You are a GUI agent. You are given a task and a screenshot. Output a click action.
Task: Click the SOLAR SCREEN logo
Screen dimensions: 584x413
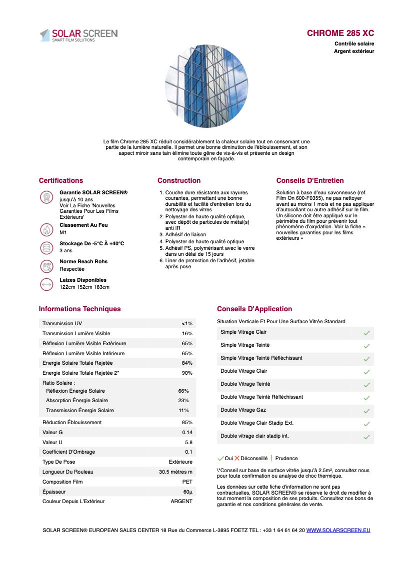(x=78, y=35)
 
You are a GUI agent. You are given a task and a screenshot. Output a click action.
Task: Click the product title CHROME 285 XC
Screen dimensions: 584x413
(x=340, y=33)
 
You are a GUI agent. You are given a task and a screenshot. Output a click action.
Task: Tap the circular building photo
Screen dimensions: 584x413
(x=206, y=86)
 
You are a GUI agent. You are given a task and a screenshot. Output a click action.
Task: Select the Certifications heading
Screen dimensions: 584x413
(x=61, y=180)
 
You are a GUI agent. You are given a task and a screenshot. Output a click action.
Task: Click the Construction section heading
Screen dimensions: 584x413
(x=179, y=180)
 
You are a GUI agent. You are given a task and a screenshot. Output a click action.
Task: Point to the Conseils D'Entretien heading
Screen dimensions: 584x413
(x=310, y=180)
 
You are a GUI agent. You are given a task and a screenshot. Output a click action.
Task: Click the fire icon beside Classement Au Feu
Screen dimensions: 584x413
(x=46, y=229)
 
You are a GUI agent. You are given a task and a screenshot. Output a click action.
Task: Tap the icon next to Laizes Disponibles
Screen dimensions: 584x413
(x=46, y=284)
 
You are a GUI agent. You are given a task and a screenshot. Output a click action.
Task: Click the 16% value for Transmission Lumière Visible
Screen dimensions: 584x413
(x=187, y=333)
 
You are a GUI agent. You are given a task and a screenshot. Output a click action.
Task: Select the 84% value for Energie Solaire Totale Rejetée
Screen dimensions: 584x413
(x=187, y=363)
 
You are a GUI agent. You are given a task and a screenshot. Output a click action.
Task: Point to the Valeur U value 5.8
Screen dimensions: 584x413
(x=188, y=442)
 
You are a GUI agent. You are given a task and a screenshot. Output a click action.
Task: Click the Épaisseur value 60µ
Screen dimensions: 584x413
(x=187, y=492)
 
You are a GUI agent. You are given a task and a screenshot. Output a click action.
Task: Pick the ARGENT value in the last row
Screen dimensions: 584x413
(x=181, y=501)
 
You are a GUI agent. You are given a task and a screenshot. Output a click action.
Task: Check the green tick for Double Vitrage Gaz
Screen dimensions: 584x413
(x=366, y=411)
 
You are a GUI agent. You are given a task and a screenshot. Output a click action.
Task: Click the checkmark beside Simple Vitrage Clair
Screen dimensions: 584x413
(x=366, y=333)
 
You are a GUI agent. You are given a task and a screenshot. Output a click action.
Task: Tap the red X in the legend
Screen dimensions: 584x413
(x=237, y=458)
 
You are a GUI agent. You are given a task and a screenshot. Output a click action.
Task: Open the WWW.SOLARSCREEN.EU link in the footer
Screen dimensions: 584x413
(x=338, y=530)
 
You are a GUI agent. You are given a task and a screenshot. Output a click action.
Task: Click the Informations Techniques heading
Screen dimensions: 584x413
(x=79, y=309)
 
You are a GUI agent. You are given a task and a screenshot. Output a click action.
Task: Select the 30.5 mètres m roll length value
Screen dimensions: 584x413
(x=175, y=472)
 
